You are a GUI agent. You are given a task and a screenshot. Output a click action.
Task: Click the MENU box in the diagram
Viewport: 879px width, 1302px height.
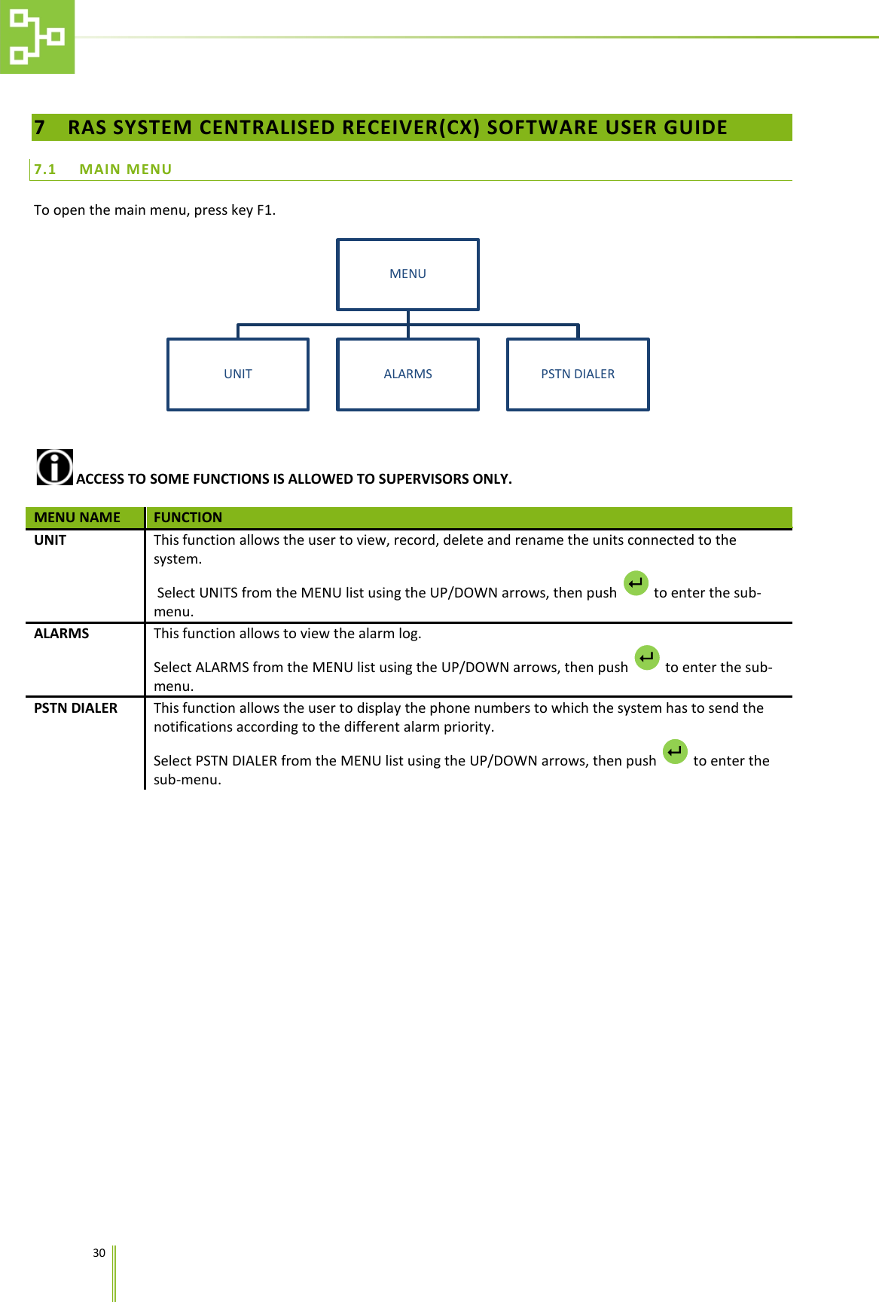407,274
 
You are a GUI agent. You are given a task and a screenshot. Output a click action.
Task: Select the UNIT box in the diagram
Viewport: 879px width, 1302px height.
238,374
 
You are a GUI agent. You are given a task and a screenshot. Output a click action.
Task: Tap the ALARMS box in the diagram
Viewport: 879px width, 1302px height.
407,374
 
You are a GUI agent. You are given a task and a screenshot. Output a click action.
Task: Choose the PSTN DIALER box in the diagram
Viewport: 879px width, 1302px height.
578,374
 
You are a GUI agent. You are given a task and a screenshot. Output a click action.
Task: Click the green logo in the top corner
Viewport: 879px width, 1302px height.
37,37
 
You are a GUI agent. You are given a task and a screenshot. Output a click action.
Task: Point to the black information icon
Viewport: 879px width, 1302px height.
55,467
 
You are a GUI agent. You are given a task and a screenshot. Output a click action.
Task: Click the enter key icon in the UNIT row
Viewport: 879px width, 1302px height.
636,583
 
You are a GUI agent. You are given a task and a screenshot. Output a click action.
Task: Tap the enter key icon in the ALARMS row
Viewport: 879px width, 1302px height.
647,658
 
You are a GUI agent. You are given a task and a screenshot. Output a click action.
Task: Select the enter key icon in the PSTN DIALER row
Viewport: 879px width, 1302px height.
675,751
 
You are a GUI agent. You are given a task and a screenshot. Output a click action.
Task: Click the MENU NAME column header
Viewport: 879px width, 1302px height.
78,518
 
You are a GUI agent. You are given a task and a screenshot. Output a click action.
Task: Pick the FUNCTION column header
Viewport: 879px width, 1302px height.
188,518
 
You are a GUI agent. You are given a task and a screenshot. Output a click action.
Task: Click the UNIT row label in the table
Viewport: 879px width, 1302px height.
50,540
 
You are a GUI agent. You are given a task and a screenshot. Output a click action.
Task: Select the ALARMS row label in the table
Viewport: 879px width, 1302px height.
62,634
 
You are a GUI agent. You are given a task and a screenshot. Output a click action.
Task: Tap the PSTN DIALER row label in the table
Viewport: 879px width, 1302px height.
76,708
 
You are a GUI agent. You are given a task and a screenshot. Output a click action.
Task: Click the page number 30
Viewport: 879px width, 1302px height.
99,1253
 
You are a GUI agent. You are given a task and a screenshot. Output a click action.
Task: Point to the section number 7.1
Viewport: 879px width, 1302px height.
45,170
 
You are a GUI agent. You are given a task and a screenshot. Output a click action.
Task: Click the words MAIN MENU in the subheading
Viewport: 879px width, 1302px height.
126,170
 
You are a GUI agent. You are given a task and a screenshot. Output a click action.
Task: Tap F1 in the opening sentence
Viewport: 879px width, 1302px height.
264,210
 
